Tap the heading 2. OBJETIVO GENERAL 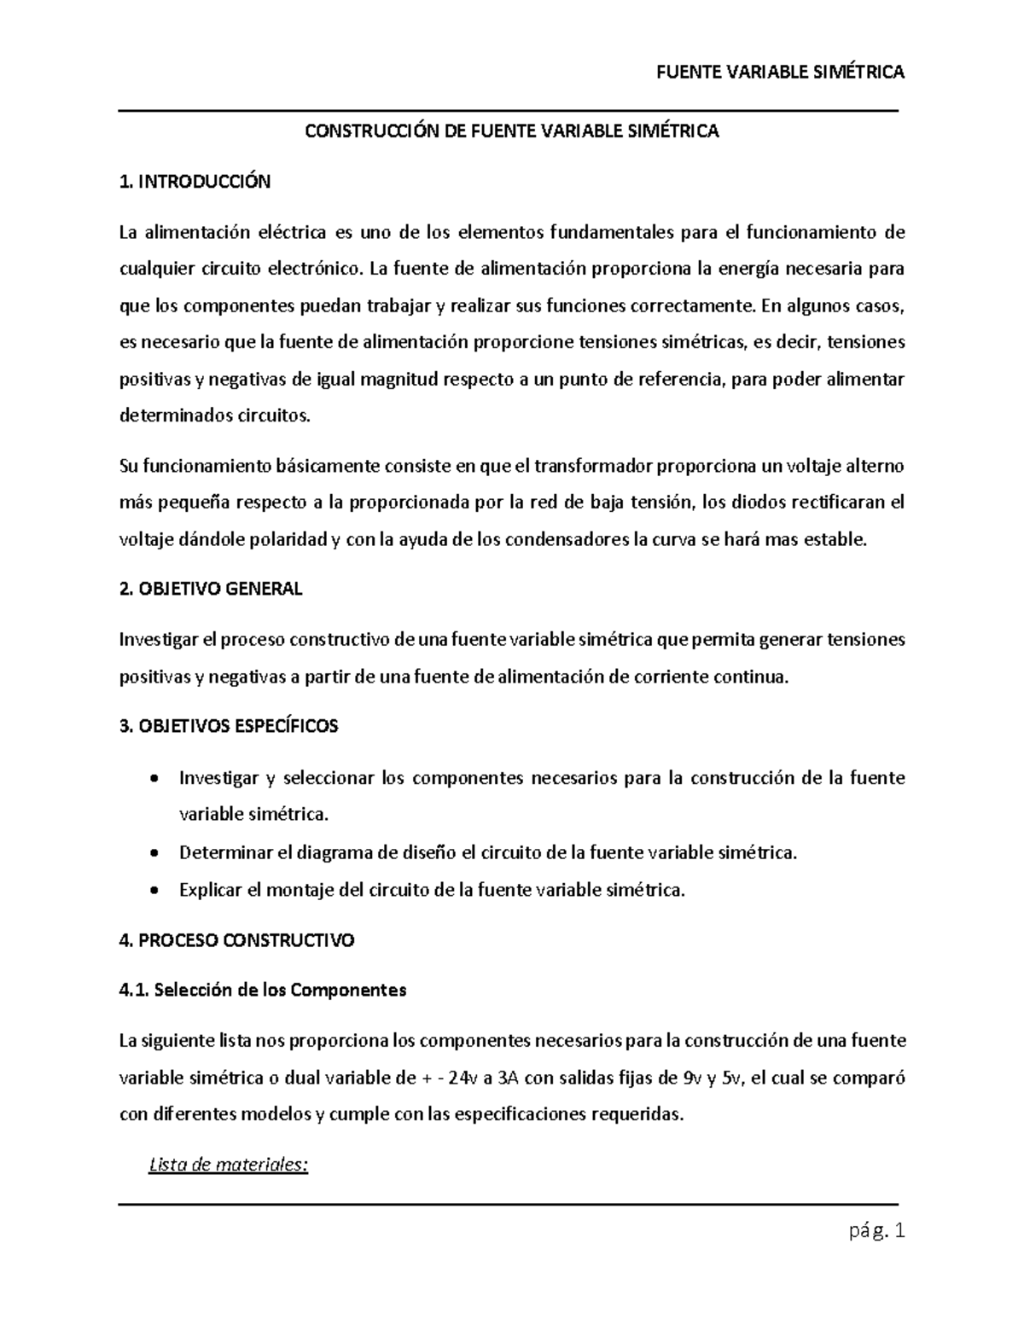click(x=211, y=590)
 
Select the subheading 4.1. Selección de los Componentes click(x=263, y=991)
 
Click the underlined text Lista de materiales click(x=227, y=1165)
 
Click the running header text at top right click(x=780, y=73)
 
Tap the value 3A click(x=509, y=1078)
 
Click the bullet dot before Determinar click(x=153, y=854)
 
